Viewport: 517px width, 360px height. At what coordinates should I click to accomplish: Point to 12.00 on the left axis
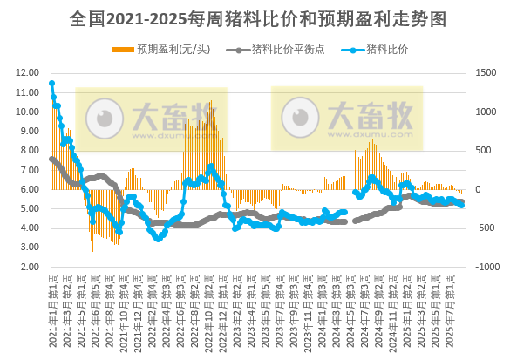coord(28,73)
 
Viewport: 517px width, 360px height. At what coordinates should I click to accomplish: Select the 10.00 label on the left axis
coord(28,112)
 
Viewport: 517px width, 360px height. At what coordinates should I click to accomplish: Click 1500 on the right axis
coord(486,73)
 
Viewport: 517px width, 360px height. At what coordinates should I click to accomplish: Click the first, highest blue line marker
coord(51,84)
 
